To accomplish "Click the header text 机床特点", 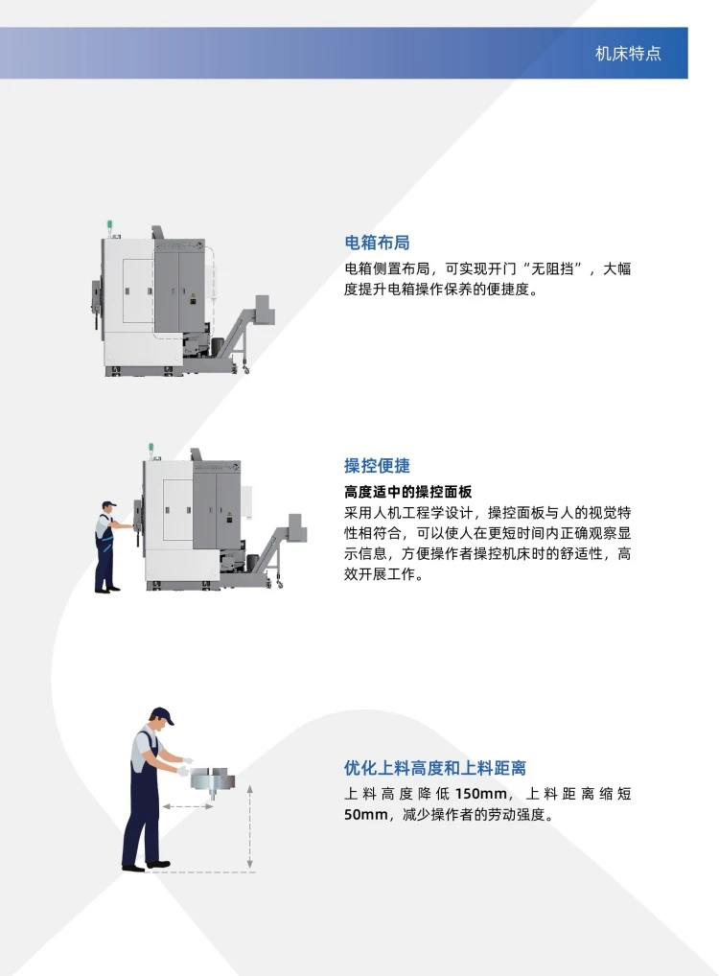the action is [x=628, y=54].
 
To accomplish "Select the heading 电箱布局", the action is [x=377, y=243].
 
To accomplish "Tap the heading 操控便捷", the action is [x=377, y=466].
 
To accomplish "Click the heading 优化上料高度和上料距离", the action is [x=435, y=768].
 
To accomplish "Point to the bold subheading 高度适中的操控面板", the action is [x=407, y=492].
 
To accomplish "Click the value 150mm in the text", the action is [x=481, y=794].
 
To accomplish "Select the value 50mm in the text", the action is [x=366, y=814].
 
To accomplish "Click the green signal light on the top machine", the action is [x=109, y=224].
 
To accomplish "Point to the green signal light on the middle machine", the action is [x=151, y=447].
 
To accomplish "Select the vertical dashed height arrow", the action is [x=249, y=826].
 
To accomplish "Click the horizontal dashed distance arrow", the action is [x=187, y=806].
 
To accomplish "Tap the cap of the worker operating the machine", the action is [x=109, y=504].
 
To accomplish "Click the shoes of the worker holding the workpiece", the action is [x=147, y=865].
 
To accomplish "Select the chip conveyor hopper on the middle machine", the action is [x=297, y=529].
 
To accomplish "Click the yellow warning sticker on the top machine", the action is [x=193, y=297].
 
